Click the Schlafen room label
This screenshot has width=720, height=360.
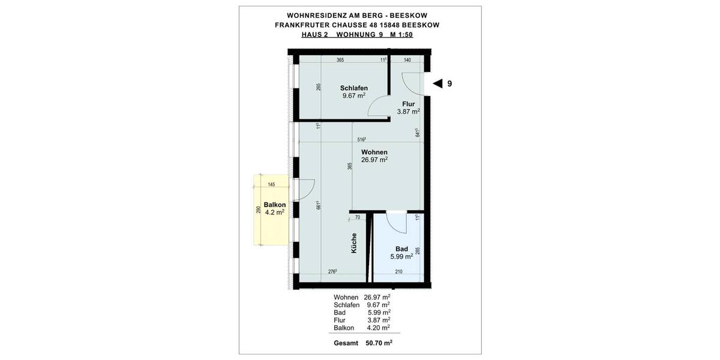point(353,88)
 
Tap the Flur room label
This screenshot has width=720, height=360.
point(408,104)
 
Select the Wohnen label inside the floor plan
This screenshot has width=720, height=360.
point(374,152)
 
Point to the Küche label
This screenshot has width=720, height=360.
point(354,242)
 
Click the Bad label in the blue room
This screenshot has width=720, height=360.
point(401,249)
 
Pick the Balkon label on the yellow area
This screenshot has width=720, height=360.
point(274,205)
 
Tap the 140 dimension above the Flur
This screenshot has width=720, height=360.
point(407,60)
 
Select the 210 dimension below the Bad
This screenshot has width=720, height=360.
point(398,272)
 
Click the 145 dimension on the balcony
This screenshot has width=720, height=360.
point(271,184)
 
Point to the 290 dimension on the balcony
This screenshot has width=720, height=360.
point(258,211)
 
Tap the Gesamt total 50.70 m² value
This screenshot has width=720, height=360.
point(379,343)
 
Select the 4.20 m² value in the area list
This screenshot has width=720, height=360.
point(378,328)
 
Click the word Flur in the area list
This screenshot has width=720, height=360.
point(340,320)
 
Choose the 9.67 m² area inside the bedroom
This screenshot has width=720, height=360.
point(353,95)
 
